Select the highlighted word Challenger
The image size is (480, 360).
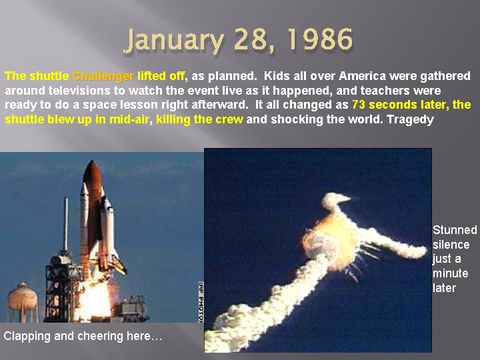103,76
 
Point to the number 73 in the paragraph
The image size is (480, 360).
358,105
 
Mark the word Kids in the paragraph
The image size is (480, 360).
277,76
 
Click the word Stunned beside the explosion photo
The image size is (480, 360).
455,230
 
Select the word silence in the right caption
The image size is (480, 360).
451,245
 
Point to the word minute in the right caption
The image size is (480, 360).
451,273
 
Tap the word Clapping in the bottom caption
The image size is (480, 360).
27,336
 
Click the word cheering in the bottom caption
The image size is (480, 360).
102,336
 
